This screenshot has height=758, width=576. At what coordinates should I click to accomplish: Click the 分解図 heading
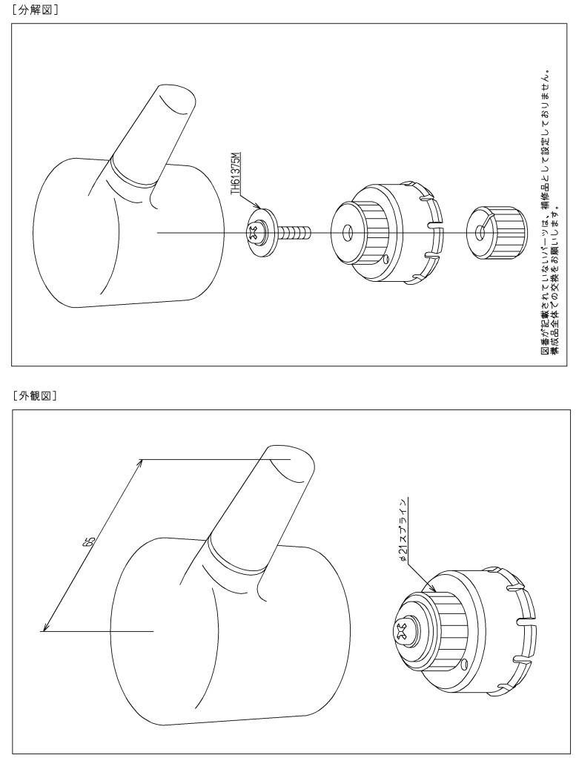(35, 10)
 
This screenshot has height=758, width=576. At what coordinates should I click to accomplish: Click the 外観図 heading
(35, 396)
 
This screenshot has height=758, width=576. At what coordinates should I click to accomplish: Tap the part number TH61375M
(235, 173)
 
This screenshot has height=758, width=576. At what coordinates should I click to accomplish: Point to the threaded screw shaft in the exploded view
(295, 233)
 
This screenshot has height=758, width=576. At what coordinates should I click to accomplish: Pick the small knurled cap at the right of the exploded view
(495, 232)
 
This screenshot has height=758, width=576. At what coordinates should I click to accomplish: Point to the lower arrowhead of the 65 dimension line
(44, 628)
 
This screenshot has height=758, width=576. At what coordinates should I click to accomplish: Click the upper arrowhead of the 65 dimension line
(141, 462)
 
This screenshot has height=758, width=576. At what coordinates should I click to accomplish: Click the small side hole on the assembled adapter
(464, 662)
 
